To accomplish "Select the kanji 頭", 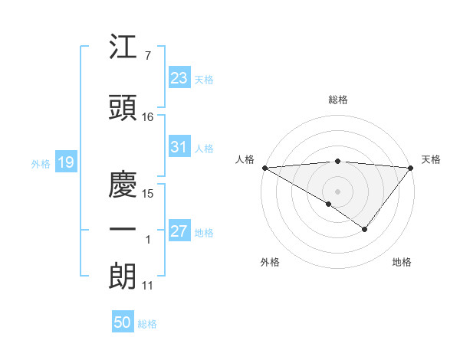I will click(x=123, y=109).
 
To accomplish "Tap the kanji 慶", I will click(x=123, y=185).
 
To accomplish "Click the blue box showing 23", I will click(x=179, y=78).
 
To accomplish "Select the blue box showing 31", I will click(x=179, y=147).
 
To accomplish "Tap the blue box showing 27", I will click(x=179, y=231).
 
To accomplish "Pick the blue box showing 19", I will click(x=65, y=162).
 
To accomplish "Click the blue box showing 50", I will click(x=123, y=322).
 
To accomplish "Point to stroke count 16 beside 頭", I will click(x=148, y=117).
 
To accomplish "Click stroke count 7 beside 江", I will click(x=147, y=56).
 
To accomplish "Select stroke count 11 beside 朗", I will click(x=148, y=286).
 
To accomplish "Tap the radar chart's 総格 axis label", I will click(x=337, y=100).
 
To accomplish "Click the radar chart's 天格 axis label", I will click(x=432, y=159).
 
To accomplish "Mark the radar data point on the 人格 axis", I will click(x=264, y=167).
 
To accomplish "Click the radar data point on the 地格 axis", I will click(x=365, y=229).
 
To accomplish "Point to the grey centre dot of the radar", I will click(x=337, y=191).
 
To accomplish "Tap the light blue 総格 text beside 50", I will click(x=147, y=324).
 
